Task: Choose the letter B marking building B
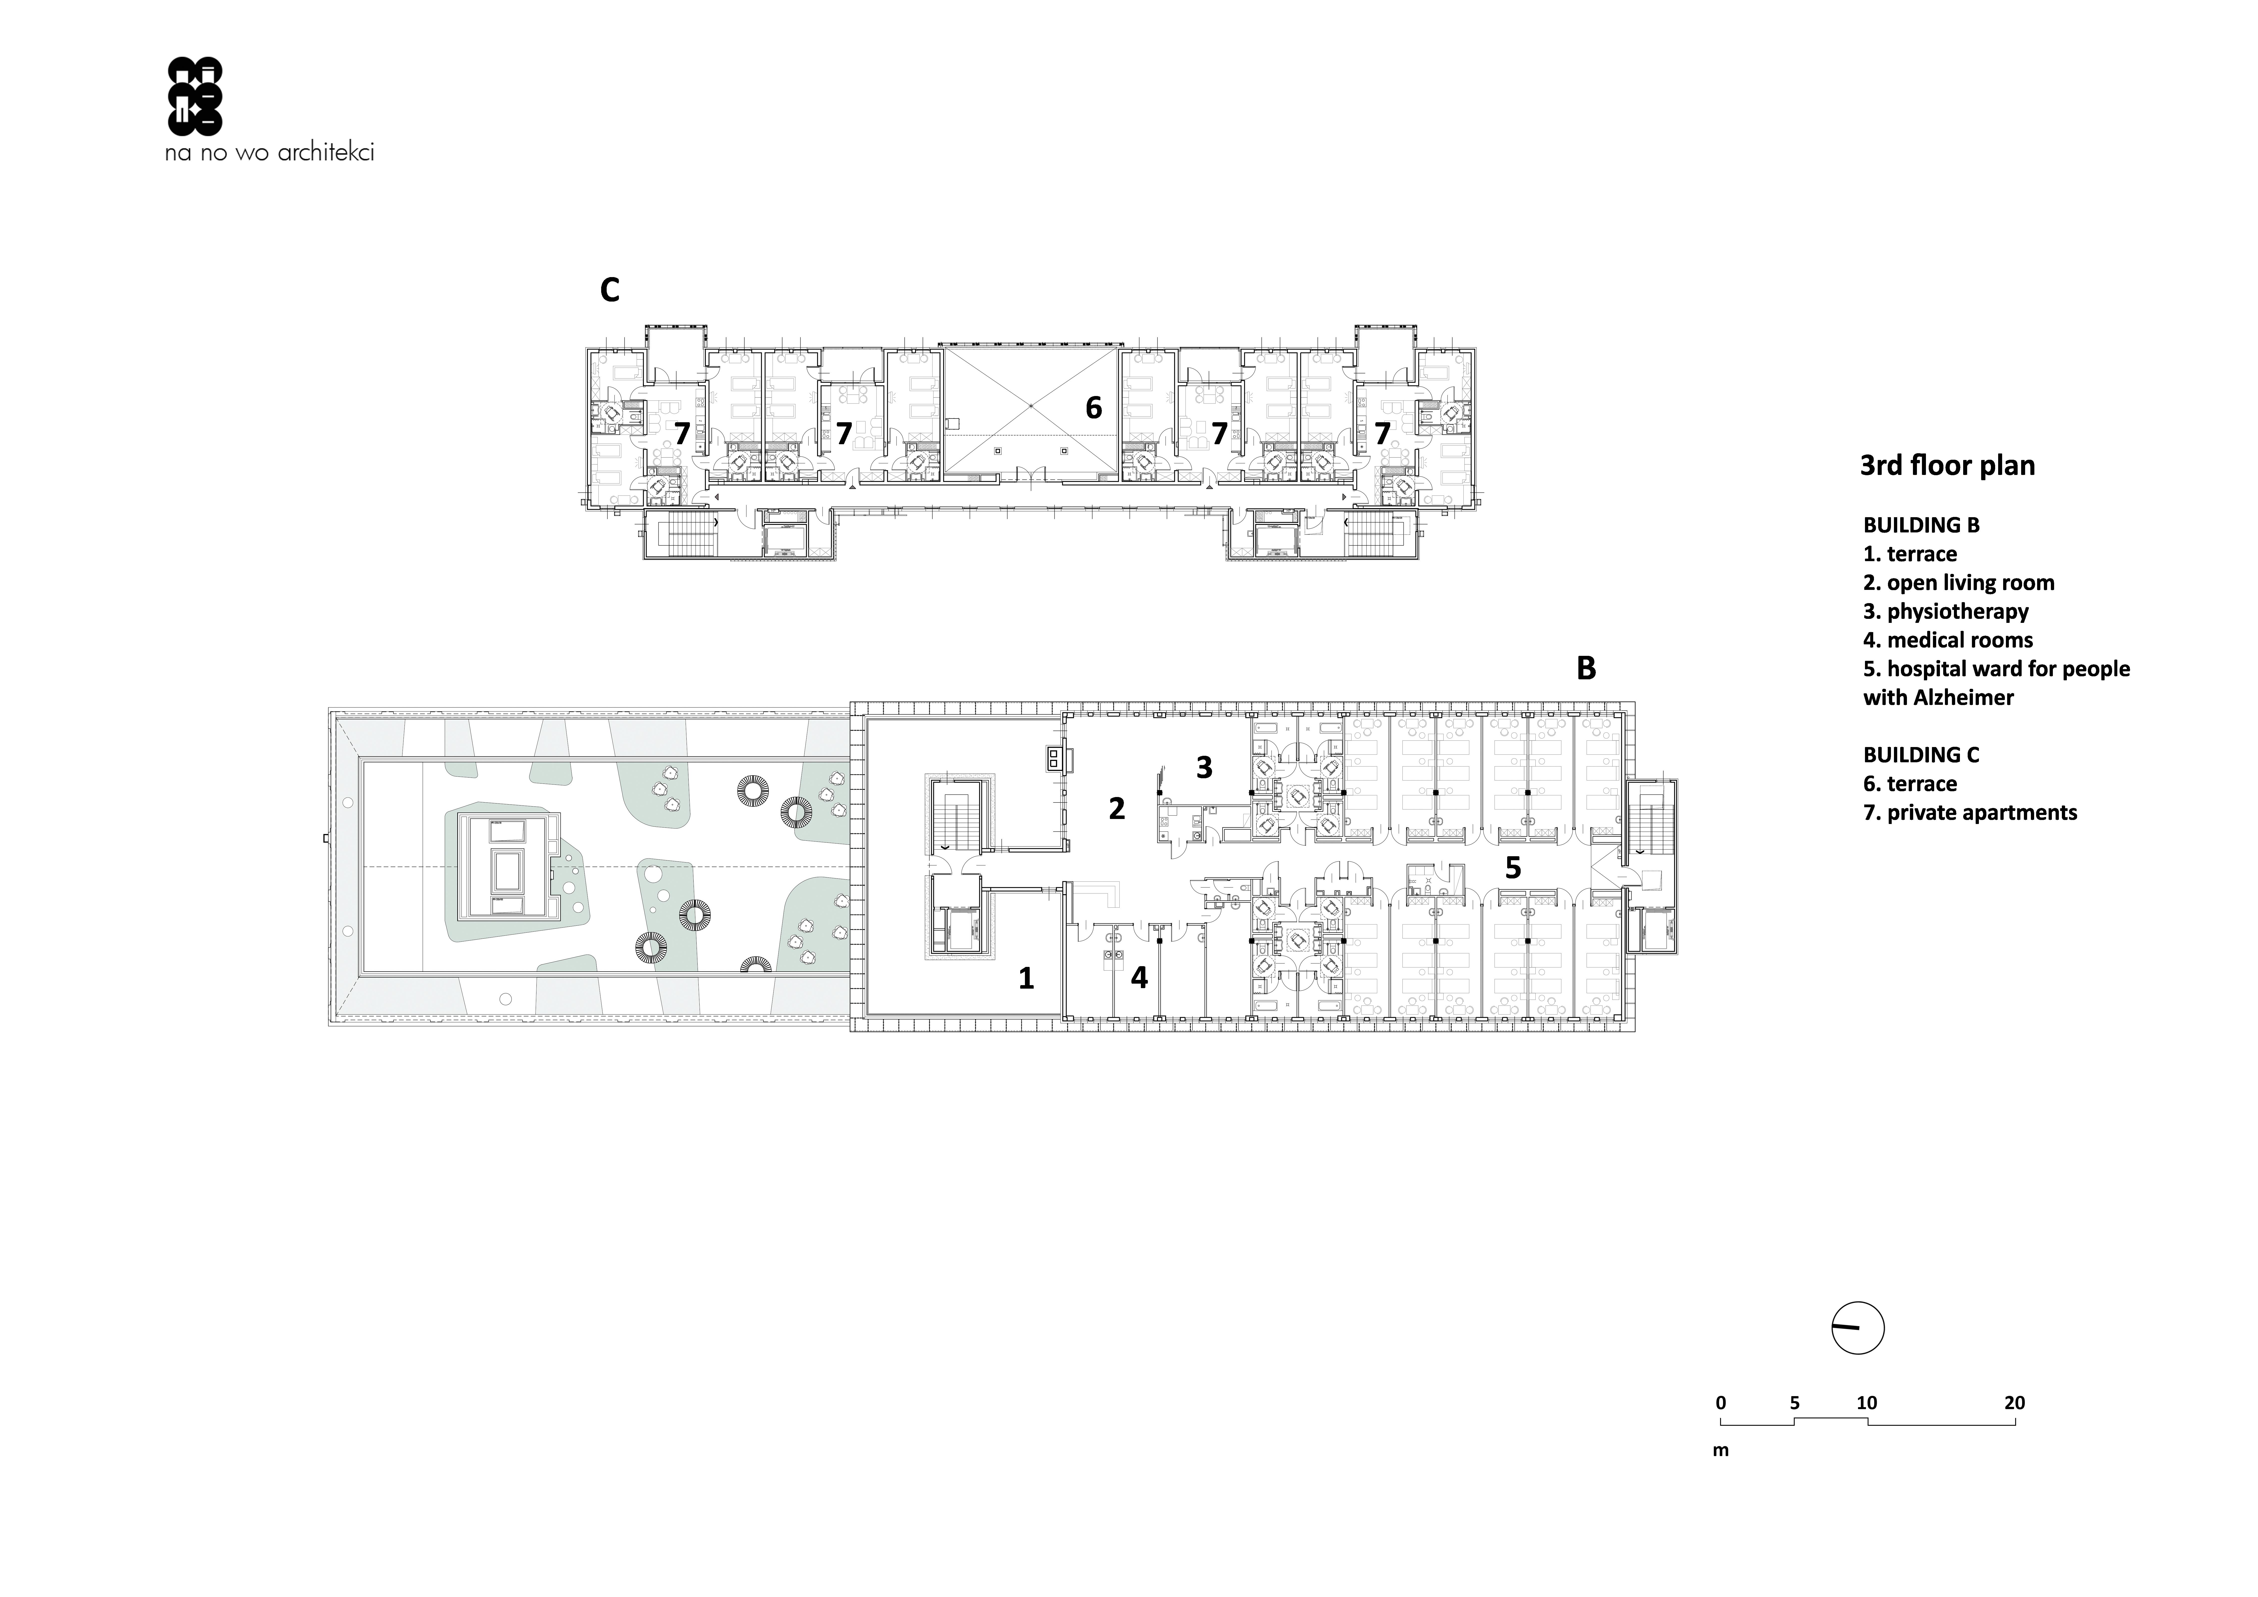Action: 1585,669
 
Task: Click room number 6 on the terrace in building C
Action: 1094,407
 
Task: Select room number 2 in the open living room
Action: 1116,808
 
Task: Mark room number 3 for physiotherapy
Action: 1204,767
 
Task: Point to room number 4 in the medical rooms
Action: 1139,977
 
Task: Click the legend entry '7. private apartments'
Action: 1970,812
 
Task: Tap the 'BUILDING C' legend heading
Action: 1921,755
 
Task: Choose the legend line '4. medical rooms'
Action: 1947,640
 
